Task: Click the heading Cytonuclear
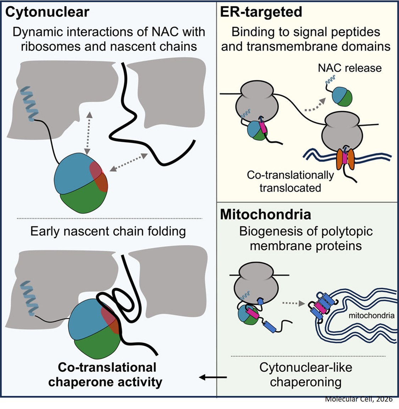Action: [47, 12]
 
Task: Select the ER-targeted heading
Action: [261, 12]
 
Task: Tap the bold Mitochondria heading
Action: [266, 215]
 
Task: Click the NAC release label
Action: [350, 68]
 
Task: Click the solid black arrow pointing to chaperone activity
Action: [213, 377]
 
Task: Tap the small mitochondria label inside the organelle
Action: [371, 315]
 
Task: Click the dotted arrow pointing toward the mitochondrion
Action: [294, 303]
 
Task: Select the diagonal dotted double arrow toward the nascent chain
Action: [129, 162]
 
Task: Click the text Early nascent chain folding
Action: [108, 231]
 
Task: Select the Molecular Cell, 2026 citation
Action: [359, 399]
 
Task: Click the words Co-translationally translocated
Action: [290, 181]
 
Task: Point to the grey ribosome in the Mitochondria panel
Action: [259, 280]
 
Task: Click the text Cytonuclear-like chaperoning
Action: [306, 375]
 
